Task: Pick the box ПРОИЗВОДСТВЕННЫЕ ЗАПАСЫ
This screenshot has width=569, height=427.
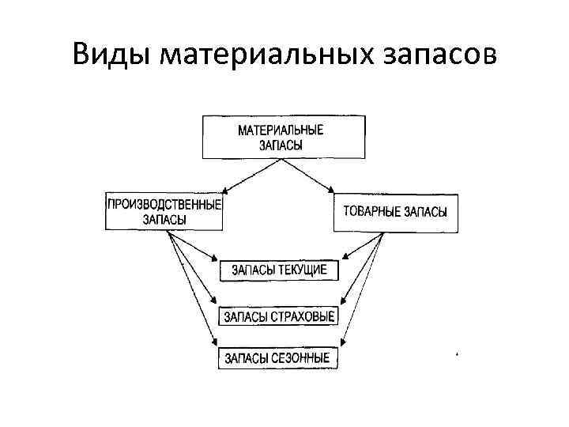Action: [x=164, y=211]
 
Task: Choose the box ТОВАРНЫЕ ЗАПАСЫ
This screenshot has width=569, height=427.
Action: [x=395, y=212]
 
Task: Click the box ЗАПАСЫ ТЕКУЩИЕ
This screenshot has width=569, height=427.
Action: [x=279, y=270]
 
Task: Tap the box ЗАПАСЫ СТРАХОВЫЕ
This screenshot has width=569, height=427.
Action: [x=279, y=316]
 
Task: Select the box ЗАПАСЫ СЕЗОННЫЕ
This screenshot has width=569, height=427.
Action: [x=277, y=358]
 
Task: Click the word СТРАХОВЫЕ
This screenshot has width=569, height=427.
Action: [x=303, y=316]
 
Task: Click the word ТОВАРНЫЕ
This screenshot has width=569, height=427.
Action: [x=371, y=212]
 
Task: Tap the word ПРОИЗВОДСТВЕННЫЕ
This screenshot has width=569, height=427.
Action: [x=164, y=204]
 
